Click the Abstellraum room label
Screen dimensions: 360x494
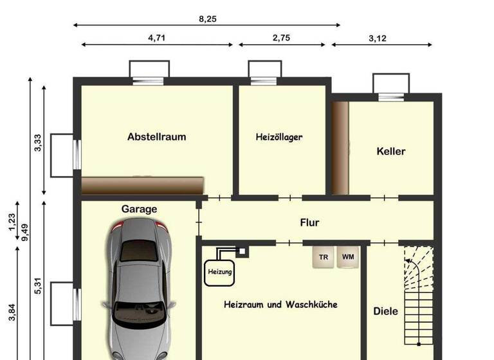156,136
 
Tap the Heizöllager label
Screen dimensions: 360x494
279,137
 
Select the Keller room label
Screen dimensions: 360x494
390,152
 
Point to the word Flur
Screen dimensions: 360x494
309,222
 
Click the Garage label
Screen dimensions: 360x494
139,209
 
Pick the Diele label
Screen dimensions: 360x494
385,311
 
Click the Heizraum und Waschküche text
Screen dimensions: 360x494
280,304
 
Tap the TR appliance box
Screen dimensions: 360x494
323,257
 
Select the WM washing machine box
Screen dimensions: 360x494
347,257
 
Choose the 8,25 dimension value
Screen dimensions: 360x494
207,19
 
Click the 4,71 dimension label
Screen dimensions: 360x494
156,37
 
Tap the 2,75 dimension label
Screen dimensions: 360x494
281,37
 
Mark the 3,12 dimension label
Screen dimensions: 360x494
378,38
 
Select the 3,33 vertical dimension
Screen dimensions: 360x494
37,143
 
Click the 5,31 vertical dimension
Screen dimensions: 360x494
37,283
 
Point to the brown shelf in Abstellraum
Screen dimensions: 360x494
143,185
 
